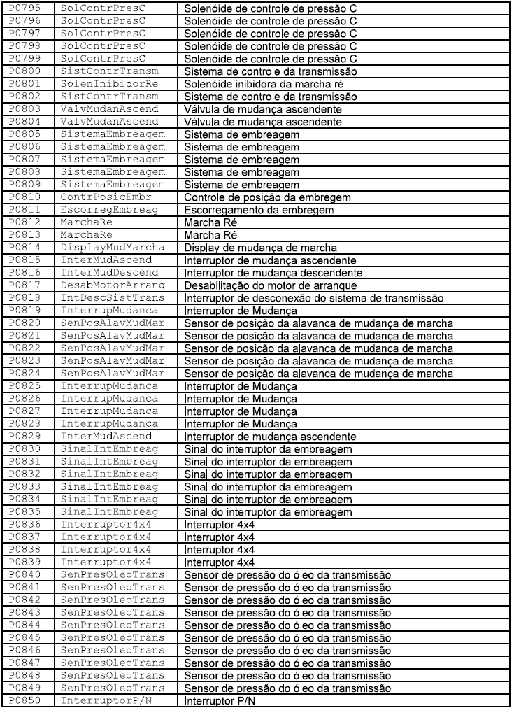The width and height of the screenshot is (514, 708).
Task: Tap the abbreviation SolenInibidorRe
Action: click(109, 84)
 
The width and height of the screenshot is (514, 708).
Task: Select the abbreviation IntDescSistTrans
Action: click(113, 298)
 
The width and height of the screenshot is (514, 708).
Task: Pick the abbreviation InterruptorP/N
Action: click(106, 700)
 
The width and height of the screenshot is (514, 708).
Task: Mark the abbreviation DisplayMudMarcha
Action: click(113, 248)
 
